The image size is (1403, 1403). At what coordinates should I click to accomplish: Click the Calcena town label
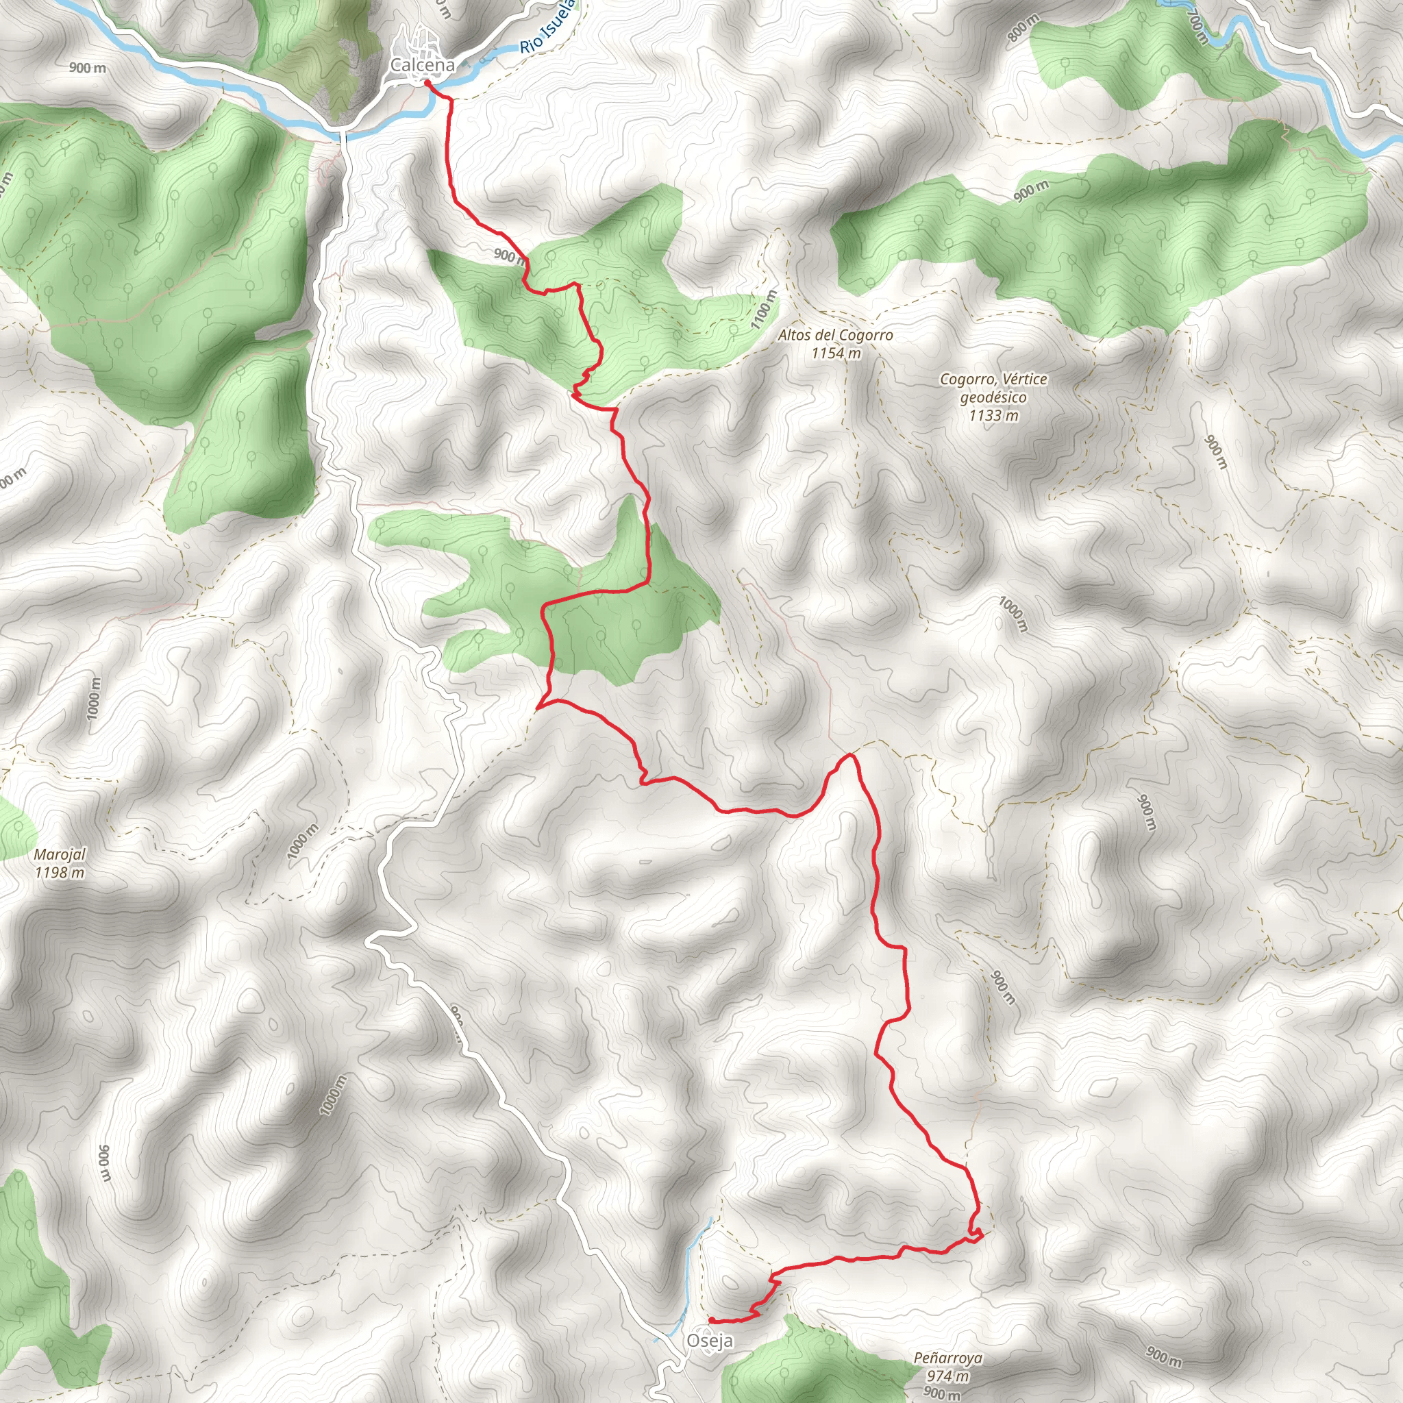tap(422, 65)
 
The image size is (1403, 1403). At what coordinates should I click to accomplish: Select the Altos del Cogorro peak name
tap(835, 336)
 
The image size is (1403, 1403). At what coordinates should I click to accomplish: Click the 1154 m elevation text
tap(836, 353)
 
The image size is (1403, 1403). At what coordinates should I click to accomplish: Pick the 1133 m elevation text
tap(993, 415)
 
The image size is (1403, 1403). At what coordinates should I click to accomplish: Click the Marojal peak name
tap(60, 855)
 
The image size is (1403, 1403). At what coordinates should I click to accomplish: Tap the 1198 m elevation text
tap(60, 873)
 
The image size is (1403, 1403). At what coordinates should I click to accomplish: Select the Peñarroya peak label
tap(947, 1358)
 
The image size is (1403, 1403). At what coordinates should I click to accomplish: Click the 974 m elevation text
tap(947, 1376)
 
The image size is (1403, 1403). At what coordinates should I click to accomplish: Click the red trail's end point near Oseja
tap(712, 1319)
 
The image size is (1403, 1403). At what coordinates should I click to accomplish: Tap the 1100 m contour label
tap(764, 310)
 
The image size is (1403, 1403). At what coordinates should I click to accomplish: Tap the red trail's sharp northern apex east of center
tap(850, 756)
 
